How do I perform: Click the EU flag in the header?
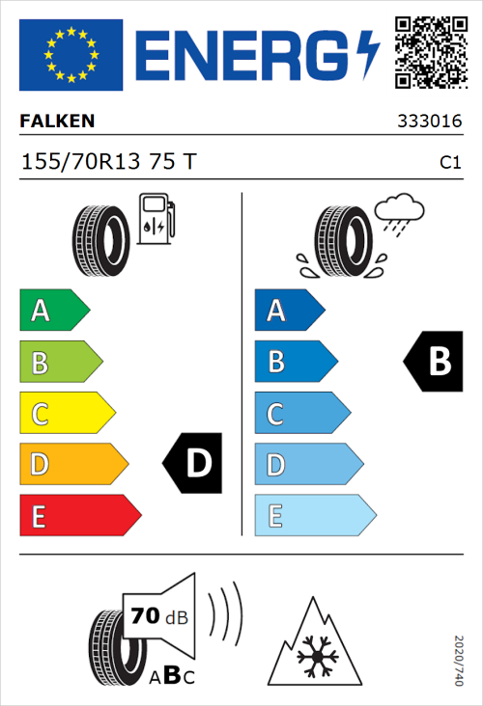(71, 55)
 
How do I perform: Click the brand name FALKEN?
(57, 122)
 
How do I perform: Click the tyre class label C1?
(449, 163)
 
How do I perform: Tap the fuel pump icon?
(156, 219)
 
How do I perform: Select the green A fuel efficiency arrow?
(53, 311)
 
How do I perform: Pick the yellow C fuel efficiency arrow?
(66, 413)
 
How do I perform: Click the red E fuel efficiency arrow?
(78, 515)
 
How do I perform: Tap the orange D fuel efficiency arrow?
(72, 464)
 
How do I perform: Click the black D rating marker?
(193, 464)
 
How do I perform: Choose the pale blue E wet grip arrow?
(314, 515)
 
